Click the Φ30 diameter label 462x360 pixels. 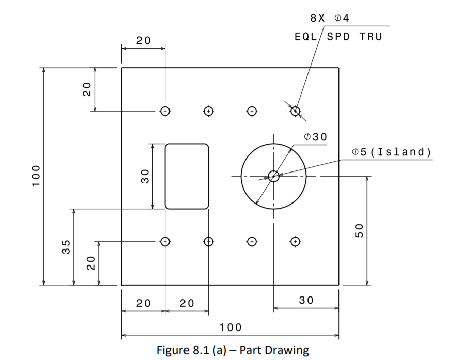(316, 136)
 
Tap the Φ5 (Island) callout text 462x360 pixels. (391, 152)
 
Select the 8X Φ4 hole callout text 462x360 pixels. (330, 18)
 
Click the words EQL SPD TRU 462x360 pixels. (338, 37)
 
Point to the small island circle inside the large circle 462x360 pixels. (273, 176)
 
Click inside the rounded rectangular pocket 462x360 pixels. (187, 176)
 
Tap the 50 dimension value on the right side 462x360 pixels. (360, 230)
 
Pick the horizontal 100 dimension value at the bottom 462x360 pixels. (230, 327)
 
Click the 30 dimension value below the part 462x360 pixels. (306, 300)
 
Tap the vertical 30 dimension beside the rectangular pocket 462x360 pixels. (145, 176)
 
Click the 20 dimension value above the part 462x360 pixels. (143, 40)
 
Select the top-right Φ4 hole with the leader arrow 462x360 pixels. (295, 111)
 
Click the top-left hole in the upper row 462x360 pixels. (165, 111)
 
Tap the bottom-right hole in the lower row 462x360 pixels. (295, 241)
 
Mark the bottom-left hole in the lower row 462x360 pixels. (165, 241)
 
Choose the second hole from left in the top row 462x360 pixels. (208, 111)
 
